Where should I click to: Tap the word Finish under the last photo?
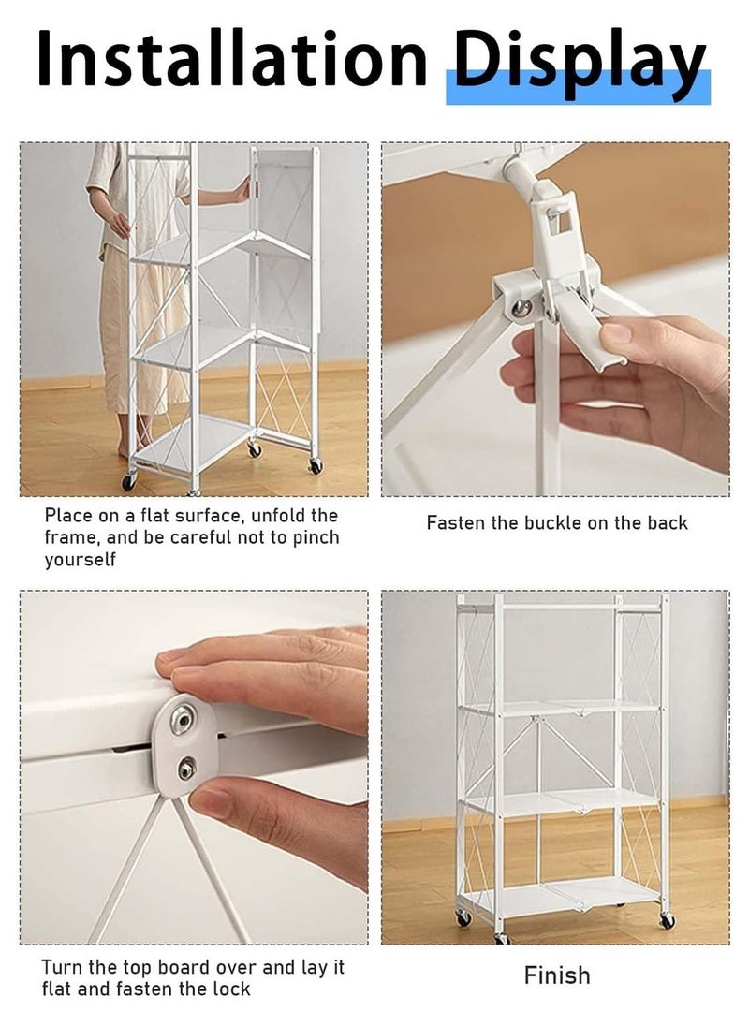(557, 975)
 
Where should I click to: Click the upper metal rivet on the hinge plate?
(182, 721)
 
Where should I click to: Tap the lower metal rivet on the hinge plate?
(187, 768)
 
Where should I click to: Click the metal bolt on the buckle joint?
(521, 307)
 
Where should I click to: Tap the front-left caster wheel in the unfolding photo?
(129, 481)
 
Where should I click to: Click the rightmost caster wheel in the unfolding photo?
(316, 466)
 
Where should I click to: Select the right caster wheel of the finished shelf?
(667, 922)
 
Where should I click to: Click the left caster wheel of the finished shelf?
(463, 918)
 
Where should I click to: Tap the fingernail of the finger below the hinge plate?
(211, 800)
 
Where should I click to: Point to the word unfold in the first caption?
(277, 516)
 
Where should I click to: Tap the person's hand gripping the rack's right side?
(243, 190)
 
